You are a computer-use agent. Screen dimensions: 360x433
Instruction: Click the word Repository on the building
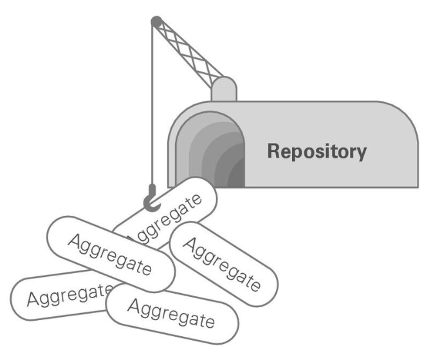point(317,152)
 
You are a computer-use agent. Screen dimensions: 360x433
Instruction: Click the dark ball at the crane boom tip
point(154,22)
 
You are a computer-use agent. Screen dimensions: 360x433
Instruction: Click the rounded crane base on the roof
point(225,90)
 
